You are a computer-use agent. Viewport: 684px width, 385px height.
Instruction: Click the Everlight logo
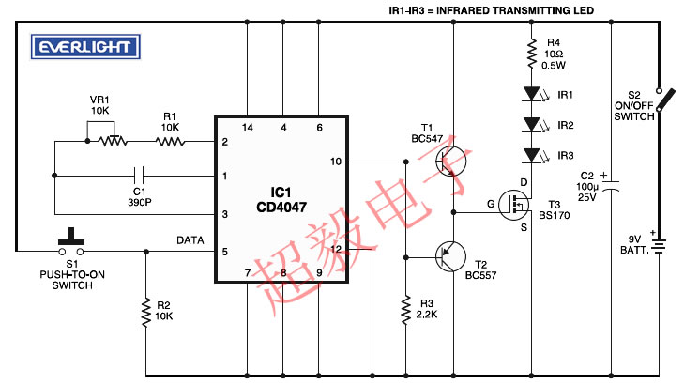click(85, 47)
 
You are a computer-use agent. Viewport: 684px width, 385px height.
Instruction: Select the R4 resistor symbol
click(531, 54)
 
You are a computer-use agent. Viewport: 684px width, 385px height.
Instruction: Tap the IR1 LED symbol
click(536, 94)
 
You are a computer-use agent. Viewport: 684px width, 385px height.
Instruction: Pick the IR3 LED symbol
click(536, 155)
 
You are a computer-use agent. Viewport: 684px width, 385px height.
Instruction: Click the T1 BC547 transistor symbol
click(450, 162)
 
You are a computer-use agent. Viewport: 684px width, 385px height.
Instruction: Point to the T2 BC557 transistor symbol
click(450, 257)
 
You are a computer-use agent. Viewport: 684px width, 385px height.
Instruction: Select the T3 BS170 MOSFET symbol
click(515, 205)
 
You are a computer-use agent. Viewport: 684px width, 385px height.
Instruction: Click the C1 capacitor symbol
click(139, 176)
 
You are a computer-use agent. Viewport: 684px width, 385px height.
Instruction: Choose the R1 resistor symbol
click(170, 142)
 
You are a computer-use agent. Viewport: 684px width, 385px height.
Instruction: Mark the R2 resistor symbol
click(146, 313)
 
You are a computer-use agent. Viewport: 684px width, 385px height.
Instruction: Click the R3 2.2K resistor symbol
click(406, 311)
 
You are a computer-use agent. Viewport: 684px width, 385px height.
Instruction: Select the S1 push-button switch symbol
click(71, 242)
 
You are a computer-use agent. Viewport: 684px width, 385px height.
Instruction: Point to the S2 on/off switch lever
click(665, 100)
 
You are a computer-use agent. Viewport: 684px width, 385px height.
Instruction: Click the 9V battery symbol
click(659, 245)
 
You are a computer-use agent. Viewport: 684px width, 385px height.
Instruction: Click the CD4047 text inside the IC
click(281, 207)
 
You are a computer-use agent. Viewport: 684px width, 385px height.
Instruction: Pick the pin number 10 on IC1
click(336, 162)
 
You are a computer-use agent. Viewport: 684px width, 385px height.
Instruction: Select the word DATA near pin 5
click(190, 240)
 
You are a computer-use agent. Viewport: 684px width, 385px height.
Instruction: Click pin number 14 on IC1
click(248, 128)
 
